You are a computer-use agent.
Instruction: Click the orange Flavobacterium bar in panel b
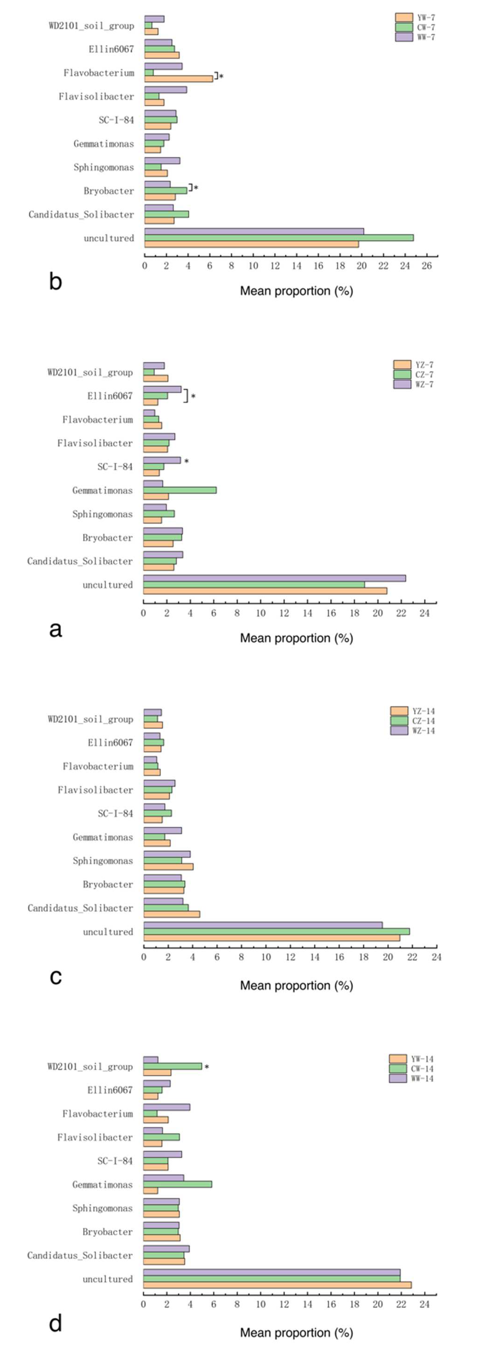pos(179,78)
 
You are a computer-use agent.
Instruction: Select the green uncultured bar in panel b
pos(279,238)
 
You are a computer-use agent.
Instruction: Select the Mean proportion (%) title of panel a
pos(296,638)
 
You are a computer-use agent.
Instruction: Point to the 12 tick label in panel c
pos(290,957)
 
